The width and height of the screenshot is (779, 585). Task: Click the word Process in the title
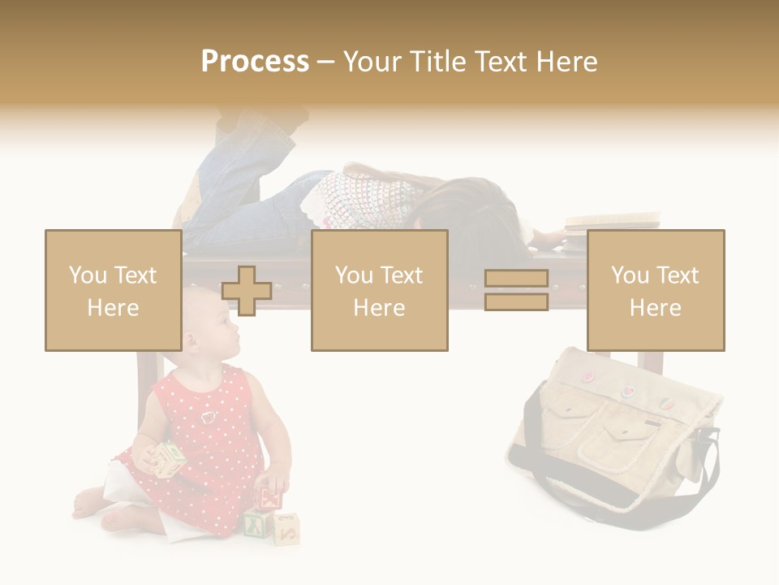coord(255,62)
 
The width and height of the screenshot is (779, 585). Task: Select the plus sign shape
coord(247,291)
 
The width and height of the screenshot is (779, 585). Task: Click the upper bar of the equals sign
coord(516,279)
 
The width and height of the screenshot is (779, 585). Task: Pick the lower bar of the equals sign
coord(516,302)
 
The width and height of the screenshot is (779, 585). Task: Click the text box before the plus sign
coord(113,290)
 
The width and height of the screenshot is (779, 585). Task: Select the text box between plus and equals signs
coord(379,290)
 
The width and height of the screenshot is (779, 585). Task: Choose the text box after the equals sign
coord(655,290)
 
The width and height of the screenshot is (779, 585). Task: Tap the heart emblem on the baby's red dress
coord(209,417)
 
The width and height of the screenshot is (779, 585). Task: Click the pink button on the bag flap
coord(588,376)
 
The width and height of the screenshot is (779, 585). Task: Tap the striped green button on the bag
coord(664,402)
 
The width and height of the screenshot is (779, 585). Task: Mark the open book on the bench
coord(613,219)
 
